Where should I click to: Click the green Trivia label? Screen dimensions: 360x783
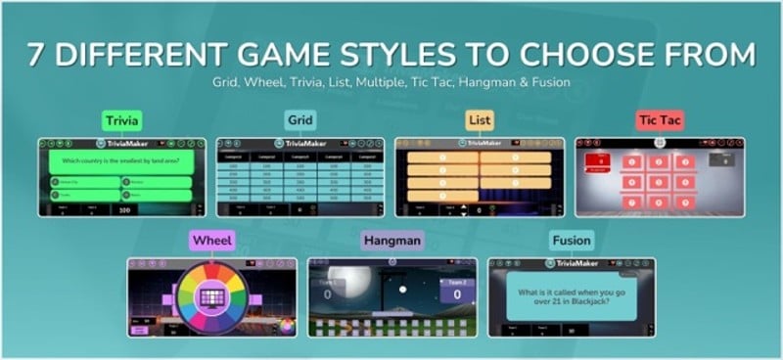pyautogui.click(x=123, y=121)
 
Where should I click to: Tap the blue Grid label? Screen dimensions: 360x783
pyautogui.click(x=299, y=121)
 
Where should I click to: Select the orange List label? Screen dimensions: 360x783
pyautogui.click(x=479, y=121)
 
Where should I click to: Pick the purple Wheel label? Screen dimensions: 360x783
pyautogui.click(x=212, y=241)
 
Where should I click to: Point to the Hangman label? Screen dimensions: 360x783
pyautogui.click(x=392, y=241)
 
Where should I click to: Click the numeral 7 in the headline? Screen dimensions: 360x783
pyautogui.click(x=36, y=54)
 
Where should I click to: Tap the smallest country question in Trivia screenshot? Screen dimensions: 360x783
pyautogui.click(x=123, y=159)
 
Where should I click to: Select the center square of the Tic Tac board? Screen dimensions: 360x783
pyautogui.click(x=659, y=180)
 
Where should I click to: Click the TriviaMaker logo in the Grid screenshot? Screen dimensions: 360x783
pyautogui.click(x=299, y=143)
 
